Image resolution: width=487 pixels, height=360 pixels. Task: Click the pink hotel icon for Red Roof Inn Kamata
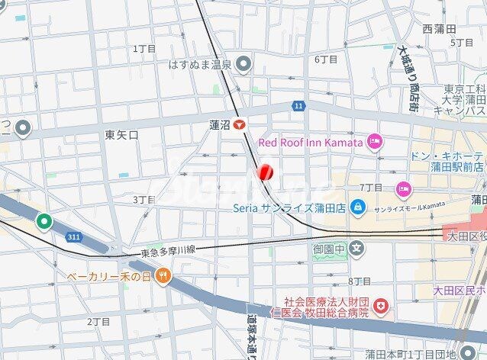click(374, 141)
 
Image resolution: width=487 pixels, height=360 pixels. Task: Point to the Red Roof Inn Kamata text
click(310, 142)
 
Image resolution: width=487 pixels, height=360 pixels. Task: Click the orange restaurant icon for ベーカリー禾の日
click(162, 275)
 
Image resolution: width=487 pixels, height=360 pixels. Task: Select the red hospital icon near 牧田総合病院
click(380, 307)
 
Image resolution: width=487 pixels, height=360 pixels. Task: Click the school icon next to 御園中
click(358, 249)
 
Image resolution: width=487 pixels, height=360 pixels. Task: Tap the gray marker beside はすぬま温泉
click(243, 64)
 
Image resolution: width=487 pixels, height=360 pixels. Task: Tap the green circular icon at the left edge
click(44, 222)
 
